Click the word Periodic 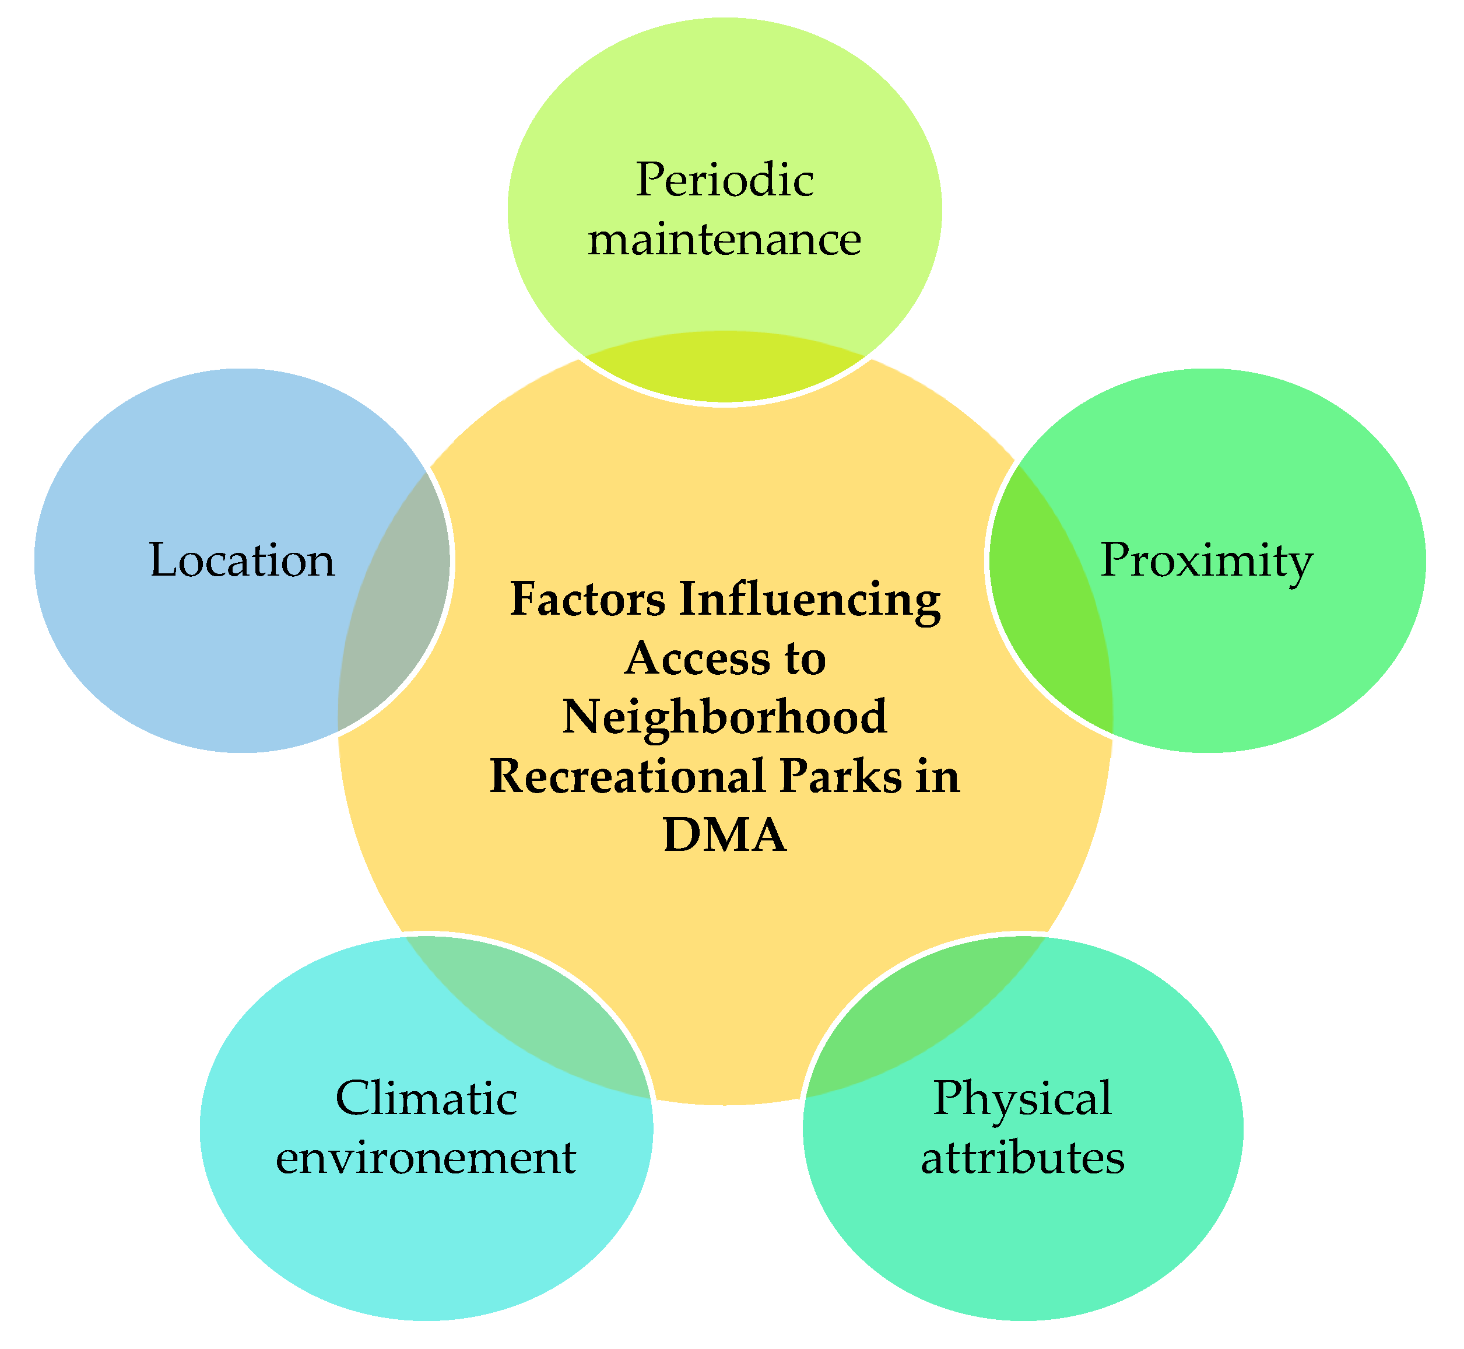pos(724,180)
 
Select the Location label pos(241,560)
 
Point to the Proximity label pos(1206,560)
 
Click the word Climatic pos(426,1098)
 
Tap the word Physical pos(1023,1098)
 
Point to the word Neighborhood pos(725,717)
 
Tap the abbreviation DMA pos(725,833)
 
